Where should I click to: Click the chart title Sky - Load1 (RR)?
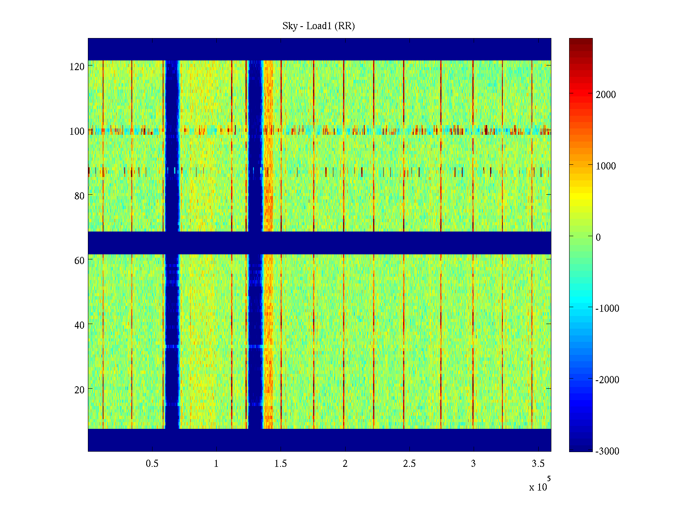point(319,26)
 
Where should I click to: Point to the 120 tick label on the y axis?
point(77,67)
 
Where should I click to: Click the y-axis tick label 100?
point(77,131)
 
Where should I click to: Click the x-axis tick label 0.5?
point(152,464)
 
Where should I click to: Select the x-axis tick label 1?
point(216,464)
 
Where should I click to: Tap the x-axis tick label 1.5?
point(281,464)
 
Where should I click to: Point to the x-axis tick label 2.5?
point(409,464)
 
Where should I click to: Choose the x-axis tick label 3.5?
point(538,464)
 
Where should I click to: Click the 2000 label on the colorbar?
point(606,95)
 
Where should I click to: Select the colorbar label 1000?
point(606,166)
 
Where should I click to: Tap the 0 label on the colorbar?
point(598,237)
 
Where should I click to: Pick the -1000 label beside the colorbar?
point(607,309)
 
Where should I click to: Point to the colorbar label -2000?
point(607,380)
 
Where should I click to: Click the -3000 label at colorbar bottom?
point(607,451)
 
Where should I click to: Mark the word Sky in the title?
point(290,26)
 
